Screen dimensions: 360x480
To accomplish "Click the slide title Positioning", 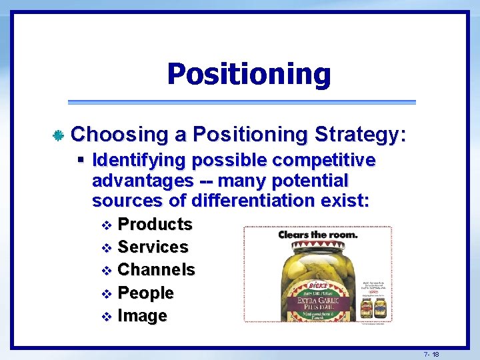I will (249, 74).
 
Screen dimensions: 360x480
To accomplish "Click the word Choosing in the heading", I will (119, 135).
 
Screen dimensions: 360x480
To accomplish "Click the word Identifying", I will (138, 161).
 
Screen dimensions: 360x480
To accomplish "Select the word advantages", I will (138, 181).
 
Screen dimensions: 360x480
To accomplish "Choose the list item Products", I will (155, 224).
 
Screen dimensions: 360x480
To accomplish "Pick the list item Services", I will (153, 247).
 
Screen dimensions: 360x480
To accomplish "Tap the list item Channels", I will (156, 270).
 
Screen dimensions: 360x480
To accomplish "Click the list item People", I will (145, 293).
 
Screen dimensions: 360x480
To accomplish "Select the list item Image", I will (142, 316).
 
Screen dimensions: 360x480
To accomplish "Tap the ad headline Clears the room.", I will (318, 235).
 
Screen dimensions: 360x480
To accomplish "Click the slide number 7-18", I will (431, 354).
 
